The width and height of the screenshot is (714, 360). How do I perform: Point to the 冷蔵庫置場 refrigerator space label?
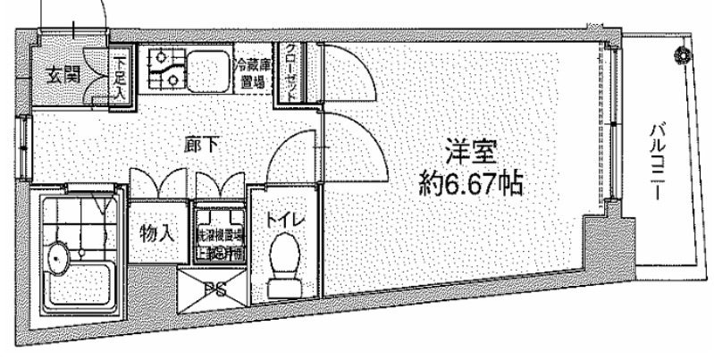253,73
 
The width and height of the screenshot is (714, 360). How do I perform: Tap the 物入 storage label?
156,235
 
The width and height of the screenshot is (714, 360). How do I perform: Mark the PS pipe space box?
214,289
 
